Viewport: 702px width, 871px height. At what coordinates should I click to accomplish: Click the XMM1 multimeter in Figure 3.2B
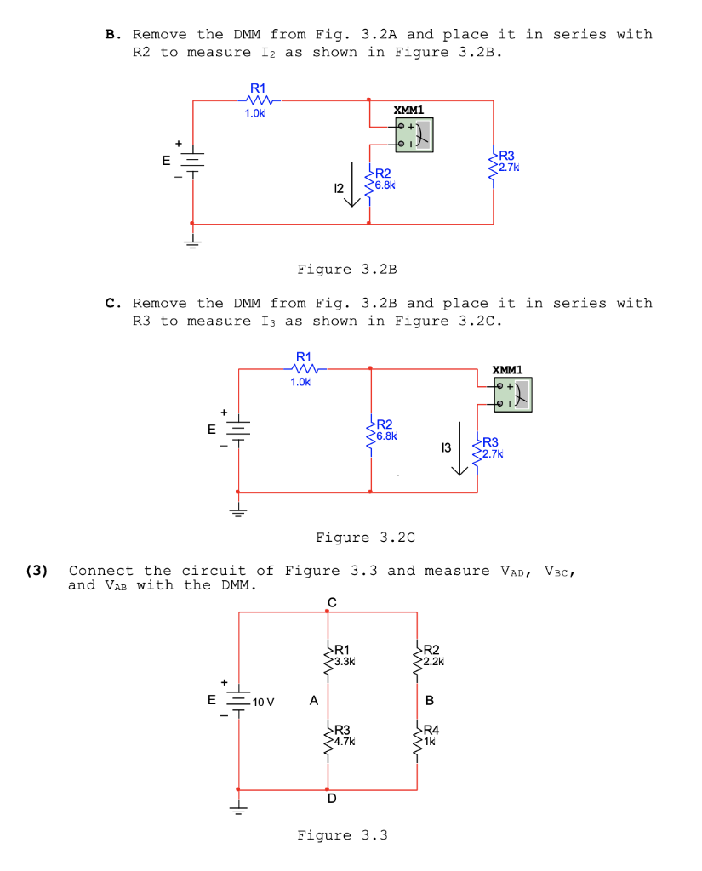click(414, 134)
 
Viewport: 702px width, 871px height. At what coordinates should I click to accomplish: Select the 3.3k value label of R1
click(345, 661)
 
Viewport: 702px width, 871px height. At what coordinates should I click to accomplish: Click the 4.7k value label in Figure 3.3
click(345, 741)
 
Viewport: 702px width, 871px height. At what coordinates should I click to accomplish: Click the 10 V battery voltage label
click(264, 702)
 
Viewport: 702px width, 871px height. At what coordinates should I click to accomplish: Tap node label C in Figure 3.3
click(331, 602)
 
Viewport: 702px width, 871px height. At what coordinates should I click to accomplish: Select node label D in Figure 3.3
click(331, 800)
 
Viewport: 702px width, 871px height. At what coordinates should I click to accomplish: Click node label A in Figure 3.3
click(314, 701)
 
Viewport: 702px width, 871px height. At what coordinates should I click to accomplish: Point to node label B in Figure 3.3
click(429, 701)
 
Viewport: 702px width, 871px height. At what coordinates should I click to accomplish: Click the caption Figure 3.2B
click(347, 270)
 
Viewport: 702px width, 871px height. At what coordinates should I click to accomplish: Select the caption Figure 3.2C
click(365, 538)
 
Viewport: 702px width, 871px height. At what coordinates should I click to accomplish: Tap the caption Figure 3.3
click(342, 835)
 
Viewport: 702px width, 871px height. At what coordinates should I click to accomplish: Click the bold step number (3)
click(37, 571)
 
